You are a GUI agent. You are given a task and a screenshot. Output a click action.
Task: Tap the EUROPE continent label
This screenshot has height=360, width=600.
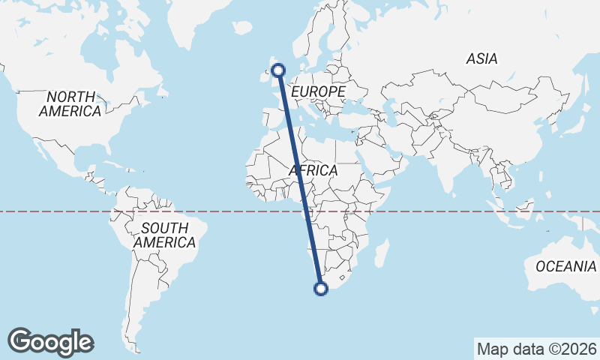pos(318,91)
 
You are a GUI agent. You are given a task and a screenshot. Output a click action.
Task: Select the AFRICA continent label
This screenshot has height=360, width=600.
pos(313,171)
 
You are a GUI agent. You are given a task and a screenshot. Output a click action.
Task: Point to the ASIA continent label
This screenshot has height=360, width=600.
pos(481,58)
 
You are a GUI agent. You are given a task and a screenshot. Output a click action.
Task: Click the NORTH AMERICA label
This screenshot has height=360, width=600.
pos(70,103)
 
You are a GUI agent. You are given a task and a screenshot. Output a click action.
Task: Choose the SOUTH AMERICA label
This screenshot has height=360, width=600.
pos(164,235)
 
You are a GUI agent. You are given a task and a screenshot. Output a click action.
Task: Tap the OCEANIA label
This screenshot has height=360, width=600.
pos(566,266)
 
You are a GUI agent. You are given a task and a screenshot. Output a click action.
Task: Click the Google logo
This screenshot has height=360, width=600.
pos(50,341)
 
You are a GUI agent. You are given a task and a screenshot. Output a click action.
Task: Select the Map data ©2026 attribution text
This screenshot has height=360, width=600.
pos(536,349)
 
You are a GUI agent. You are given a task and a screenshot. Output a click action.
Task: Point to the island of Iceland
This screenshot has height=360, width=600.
pos(241,28)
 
